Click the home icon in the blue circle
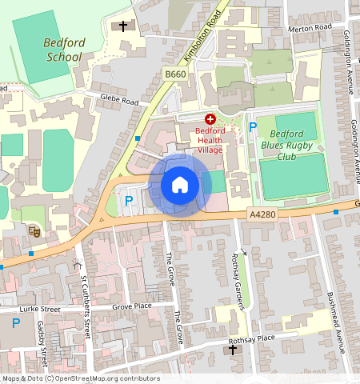coord(180,186)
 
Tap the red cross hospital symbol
coord(210,118)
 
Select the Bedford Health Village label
coord(211,139)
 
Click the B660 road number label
coord(175,74)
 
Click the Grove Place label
coord(132,306)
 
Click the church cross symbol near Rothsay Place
coord(233,350)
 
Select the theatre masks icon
coord(34,230)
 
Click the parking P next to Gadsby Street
coord(16,323)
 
